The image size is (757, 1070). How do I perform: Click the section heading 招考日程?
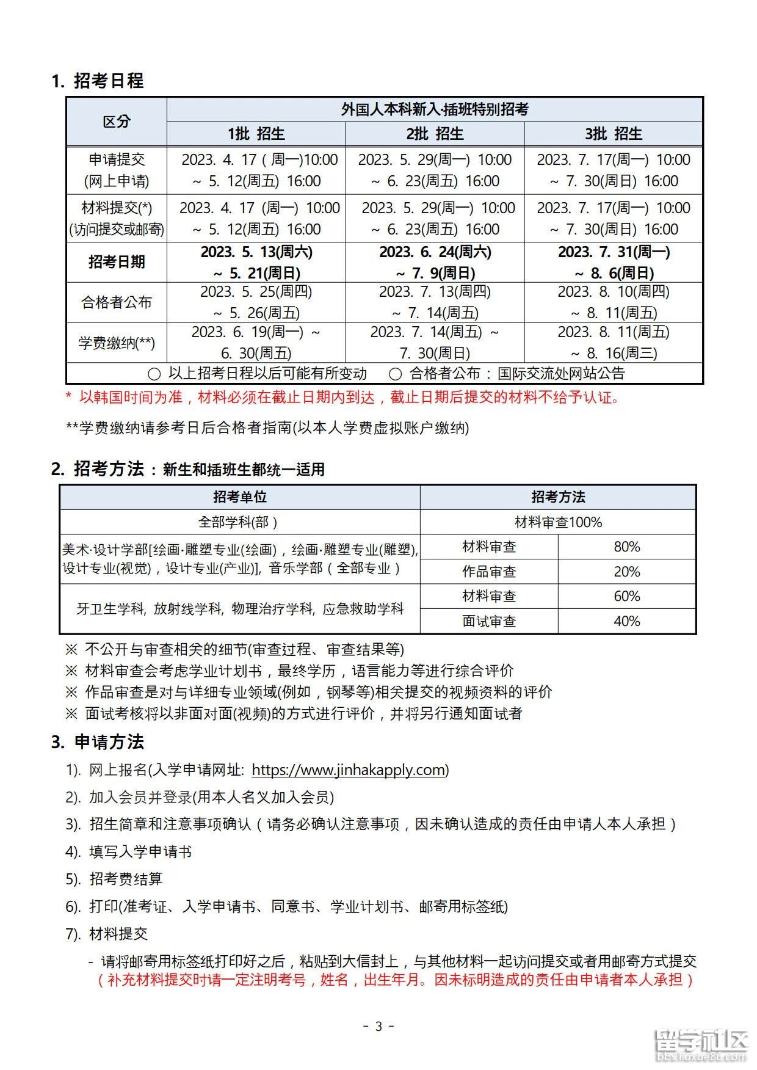click(108, 81)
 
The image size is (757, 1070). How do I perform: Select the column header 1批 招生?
click(256, 134)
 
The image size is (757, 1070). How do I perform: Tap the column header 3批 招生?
click(614, 134)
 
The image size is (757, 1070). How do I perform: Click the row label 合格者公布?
click(116, 302)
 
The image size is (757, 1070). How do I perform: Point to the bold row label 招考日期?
click(116, 262)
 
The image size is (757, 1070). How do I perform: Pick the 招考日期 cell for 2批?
click(435, 262)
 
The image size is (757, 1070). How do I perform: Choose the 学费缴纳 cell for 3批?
click(614, 342)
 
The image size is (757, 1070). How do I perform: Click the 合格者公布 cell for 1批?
click(256, 302)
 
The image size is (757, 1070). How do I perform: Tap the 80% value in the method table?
click(626, 547)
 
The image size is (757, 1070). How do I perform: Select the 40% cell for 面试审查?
click(626, 621)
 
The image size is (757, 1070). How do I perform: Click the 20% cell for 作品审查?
click(626, 572)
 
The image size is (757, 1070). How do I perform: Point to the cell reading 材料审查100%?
click(558, 522)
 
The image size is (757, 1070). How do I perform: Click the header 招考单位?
click(239, 497)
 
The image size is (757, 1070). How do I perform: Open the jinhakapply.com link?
click(349, 770)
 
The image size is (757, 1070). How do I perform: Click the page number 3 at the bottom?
click(378, 1026)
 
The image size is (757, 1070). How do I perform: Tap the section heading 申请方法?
click(109, 742)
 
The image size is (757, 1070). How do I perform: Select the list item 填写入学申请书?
click(140, 851)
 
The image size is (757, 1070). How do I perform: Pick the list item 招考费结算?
click(126, 879)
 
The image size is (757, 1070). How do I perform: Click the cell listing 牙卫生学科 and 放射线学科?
click(239, 609)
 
